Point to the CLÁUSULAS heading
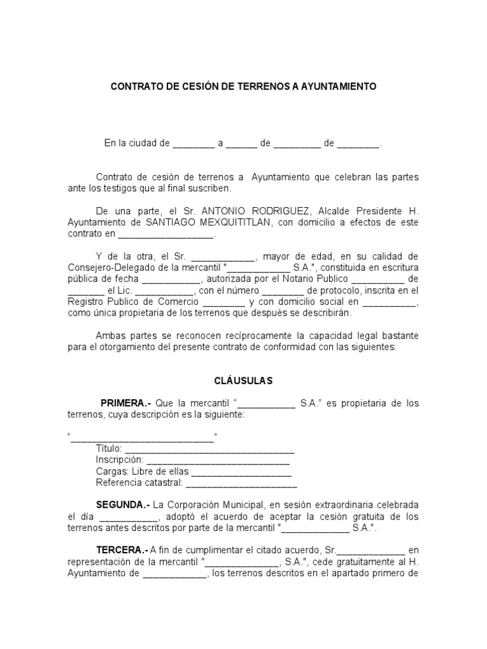[x=242, y=381]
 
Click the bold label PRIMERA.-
[x=126, y=403]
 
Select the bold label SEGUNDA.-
[x=123, y=505]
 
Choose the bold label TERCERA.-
[x=122, y=550]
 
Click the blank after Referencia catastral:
[x=241, y=483]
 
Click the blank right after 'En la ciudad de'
[x=193, y=144]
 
